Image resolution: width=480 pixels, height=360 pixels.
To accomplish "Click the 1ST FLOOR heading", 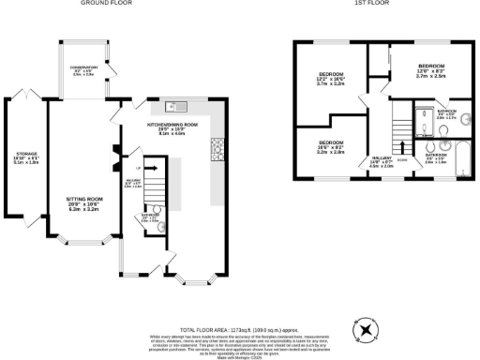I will [367, 4].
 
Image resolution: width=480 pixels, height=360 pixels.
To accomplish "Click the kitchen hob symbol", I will [217, 146].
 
